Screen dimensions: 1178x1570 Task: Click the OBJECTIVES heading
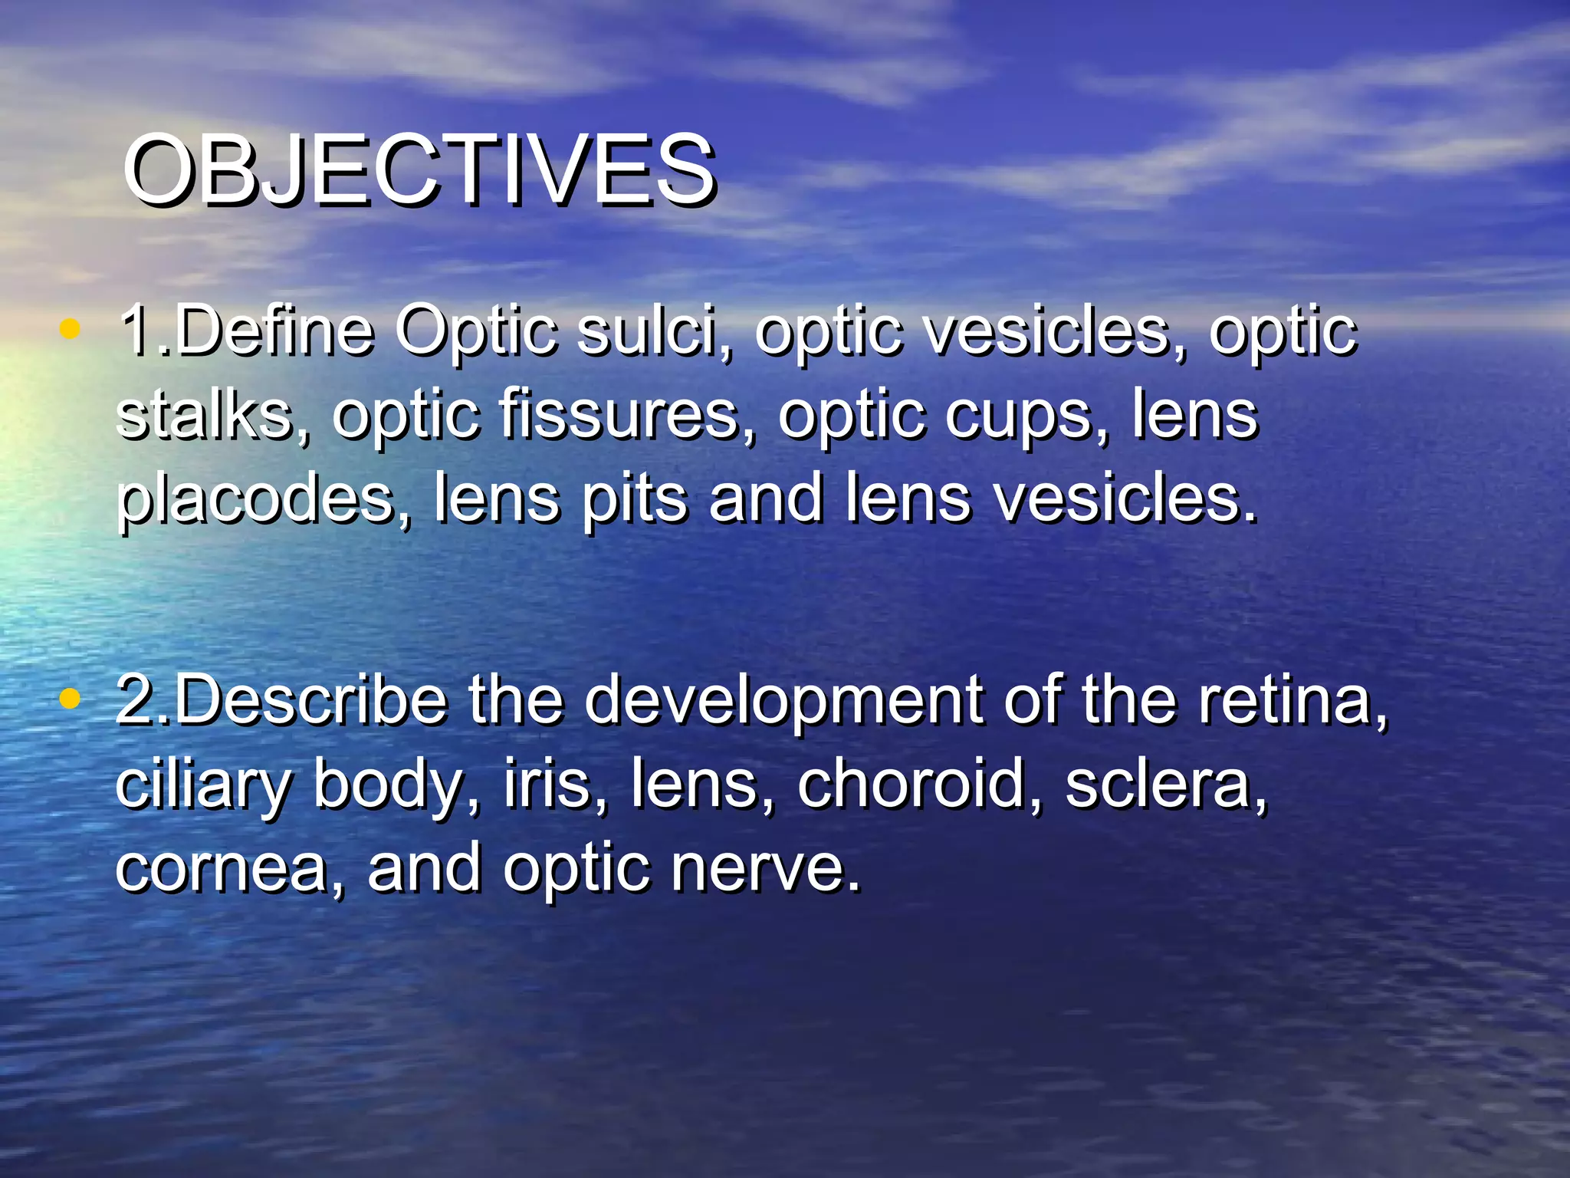419,169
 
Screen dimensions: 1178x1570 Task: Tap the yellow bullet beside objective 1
70,329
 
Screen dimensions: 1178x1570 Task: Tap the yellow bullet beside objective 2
70,697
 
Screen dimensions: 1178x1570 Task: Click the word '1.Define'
246,331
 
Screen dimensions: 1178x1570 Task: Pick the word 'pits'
633,500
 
